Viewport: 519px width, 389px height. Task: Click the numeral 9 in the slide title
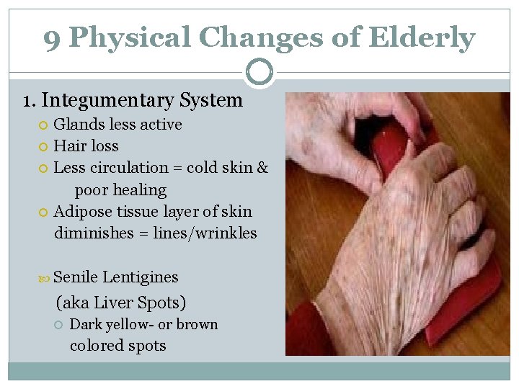pos(52,39)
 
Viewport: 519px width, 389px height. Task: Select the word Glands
pos(76,125)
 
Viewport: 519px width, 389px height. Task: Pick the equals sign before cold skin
pos(177,168)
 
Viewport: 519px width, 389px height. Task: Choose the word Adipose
pos(81,212)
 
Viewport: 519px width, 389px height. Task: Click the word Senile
pos(76,277)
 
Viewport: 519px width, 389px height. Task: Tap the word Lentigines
pos(141,277)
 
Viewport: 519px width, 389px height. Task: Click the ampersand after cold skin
pos(262,168)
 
